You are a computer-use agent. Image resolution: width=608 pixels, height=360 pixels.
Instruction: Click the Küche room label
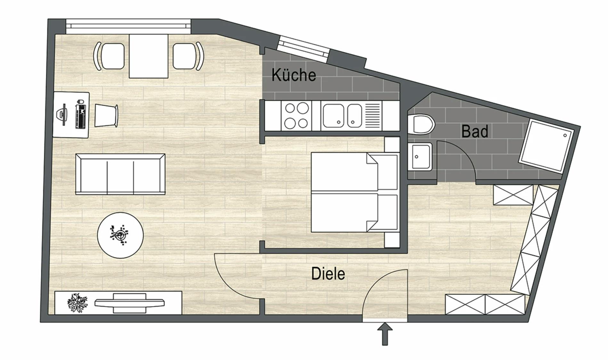point(294,75)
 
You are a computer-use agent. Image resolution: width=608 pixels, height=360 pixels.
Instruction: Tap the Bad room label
point(474,132)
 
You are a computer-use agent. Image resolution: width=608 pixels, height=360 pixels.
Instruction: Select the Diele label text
point(328,274)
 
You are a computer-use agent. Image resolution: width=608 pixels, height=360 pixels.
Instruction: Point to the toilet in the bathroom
point(422,124)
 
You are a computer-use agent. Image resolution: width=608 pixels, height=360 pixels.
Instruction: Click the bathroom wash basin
point(420,156)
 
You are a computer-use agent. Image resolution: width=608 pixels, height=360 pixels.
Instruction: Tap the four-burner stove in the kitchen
point(296,116)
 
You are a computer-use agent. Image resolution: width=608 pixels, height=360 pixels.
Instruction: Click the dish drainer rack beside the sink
point(372,116)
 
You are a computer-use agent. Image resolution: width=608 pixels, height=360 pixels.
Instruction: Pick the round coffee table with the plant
point(120,235)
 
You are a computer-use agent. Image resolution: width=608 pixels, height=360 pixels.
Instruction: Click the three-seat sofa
point(120,174)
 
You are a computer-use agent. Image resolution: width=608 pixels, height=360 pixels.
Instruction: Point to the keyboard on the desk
point(81,114)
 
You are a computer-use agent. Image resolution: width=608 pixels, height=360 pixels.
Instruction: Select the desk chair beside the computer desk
point(106,115)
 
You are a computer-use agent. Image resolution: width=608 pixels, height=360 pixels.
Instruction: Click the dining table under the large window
point(149,56)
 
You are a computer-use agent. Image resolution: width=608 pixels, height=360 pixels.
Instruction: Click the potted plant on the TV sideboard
point(77,303)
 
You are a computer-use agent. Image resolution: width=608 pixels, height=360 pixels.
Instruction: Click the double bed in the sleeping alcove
point(354,192)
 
